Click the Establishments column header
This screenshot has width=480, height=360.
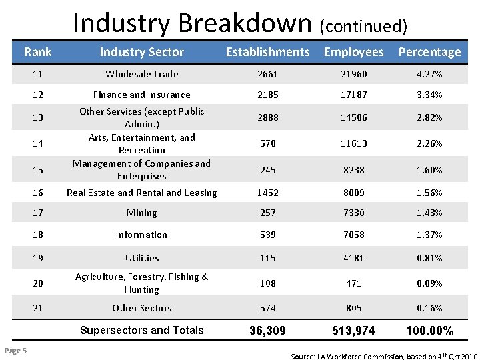click(x=267, y=51)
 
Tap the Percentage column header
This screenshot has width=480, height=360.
click(x=429, y=51)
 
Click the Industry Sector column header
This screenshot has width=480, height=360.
click(x=142, y=51)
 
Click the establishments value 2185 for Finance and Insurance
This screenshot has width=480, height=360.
click(x=267, y=95)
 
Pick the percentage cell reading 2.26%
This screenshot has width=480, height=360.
click(x=429, y=143)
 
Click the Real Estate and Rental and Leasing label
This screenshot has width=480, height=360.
click(x=142, y=193)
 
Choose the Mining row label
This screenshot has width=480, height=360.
click(x=142, y=213)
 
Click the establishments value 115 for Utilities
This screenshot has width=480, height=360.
click(x=267, y=257)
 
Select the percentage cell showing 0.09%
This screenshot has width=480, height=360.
click(x=429, y=283)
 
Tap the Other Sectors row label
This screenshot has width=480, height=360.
click(x=142, y=308)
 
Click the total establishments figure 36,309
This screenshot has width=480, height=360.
click(x=267, y=331)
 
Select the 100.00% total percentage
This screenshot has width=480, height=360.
click(x=429, y=331)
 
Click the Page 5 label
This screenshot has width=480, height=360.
click(x=15, y=352)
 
